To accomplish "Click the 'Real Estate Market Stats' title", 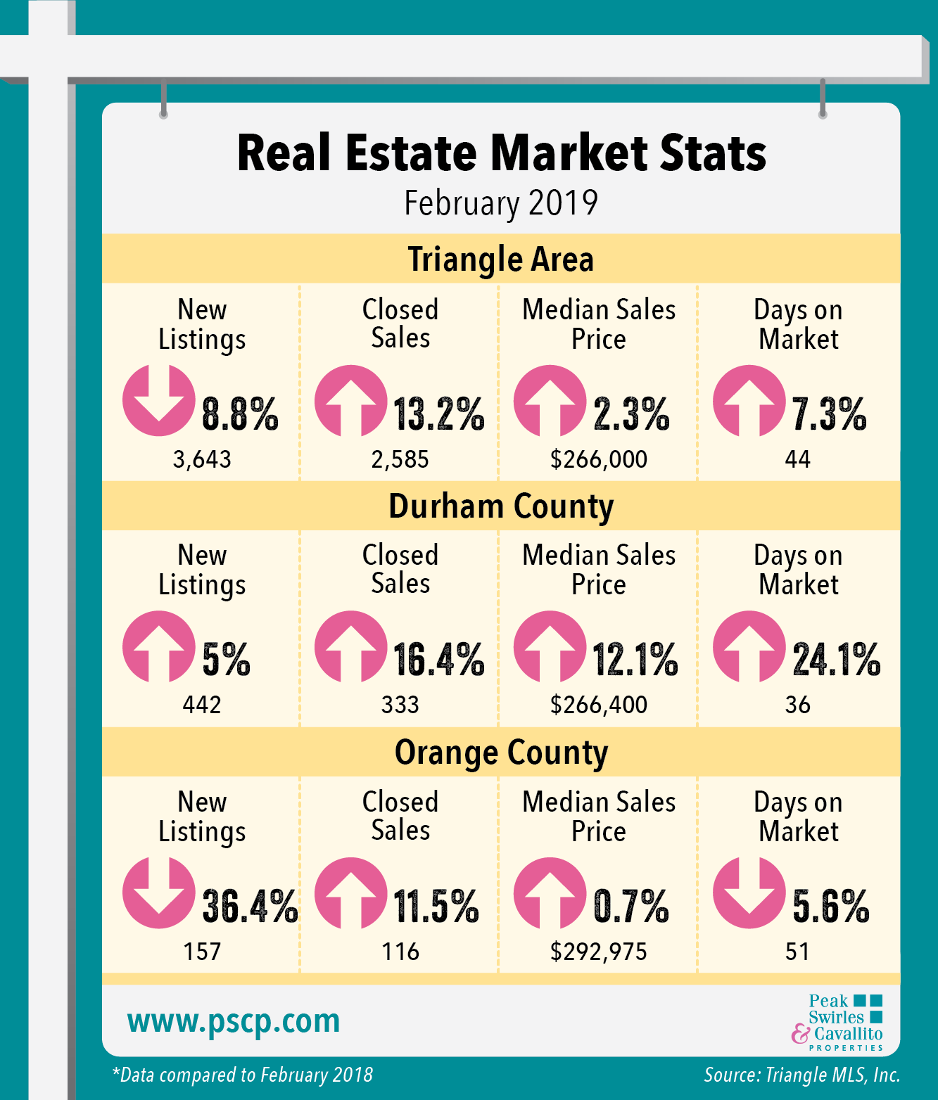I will [x=501, y=153].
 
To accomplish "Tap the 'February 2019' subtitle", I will [x=501, y=203].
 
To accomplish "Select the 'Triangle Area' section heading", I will [x=501, y=259].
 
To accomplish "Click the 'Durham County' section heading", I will [x=501, y=506].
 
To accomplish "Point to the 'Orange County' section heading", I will [x=501, y=753].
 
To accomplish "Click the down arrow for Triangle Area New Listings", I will [x=158, y=400].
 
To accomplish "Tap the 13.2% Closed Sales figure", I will [x=438, y=414].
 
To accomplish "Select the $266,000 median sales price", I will [x=599, y=459].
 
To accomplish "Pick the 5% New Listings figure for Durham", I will [x=226, y=660].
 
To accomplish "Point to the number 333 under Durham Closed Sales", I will [x=400, y=705].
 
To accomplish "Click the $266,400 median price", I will [x=599, y=705].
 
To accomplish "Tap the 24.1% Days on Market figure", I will [x=837, y=660].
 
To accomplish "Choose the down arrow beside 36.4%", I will [x=158, y=893].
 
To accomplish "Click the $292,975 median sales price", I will [x=599, y=952].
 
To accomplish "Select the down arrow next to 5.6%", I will [x=749, y=893].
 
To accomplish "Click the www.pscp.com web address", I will [x=234, y=1021].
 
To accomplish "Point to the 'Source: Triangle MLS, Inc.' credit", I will [x=802, y=1075].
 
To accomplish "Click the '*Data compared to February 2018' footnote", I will [x=243, y=1075].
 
